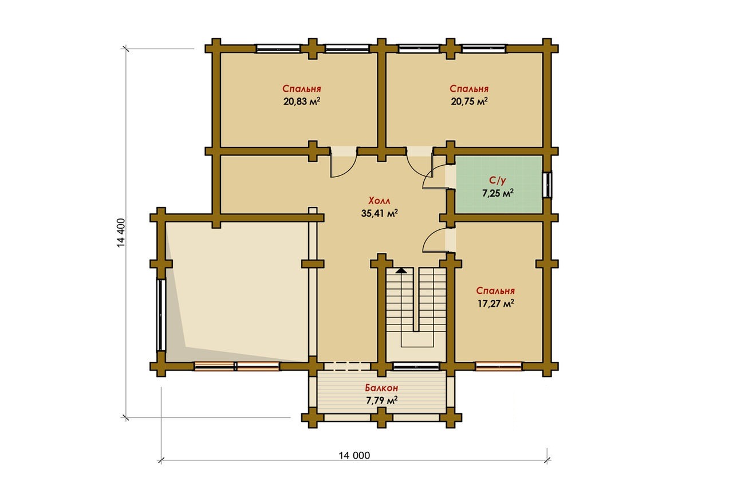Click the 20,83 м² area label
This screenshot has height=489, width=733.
point(302,101)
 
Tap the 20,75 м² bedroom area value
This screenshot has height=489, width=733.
point(469,101)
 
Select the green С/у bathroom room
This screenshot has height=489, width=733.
point(499,185)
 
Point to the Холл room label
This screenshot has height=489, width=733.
point(379,201)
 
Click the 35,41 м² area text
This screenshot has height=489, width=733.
point(380,213)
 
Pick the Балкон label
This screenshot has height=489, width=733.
point(381,388)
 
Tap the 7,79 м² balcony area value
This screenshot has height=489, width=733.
point(382,400)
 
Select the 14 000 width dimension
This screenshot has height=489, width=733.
point(354,456)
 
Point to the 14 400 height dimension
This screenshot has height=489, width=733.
point(121,233)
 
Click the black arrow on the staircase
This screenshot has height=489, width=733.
point(401,271)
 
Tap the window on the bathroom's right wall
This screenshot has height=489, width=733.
point(547,185)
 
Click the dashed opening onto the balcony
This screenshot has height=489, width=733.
point(348,366)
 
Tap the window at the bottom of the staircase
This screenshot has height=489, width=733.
point(416,366)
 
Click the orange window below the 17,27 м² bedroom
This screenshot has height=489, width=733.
point(498,366)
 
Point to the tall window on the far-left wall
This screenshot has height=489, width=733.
point(161,315)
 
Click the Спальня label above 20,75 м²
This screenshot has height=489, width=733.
point(469,89)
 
